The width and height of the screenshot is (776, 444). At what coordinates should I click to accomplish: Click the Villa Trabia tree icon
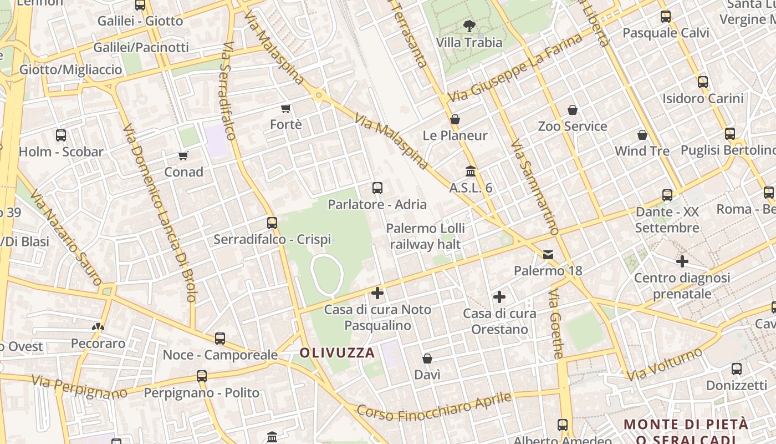(469, 26)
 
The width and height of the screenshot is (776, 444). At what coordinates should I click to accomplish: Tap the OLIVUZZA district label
(337, 352)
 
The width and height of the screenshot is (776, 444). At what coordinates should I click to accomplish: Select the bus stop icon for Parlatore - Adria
(377, 188)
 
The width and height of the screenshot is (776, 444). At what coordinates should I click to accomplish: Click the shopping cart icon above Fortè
(286, 108)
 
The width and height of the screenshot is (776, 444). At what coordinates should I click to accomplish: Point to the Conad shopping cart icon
(183, 155)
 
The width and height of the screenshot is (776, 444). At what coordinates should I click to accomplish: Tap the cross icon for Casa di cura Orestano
(499, 297)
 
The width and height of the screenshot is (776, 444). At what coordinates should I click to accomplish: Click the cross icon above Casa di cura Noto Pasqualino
(377, 292)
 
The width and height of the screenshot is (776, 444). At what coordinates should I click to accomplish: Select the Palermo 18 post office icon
(548, 255)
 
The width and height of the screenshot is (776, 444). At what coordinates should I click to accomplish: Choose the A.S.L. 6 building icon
(471, 171)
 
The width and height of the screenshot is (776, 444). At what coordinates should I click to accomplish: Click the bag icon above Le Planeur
(455, 119)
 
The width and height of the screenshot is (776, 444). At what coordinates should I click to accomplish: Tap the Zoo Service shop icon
(573, 110)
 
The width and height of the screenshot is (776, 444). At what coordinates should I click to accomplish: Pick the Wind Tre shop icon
(642, 135)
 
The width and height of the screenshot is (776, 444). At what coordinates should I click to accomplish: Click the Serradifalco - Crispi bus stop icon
(272, 223)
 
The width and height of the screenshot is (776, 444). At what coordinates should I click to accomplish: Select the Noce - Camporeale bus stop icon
(220, 338)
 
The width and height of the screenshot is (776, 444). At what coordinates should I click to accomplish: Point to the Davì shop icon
(427, 359)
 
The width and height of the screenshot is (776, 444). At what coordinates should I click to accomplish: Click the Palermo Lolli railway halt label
(426, 236)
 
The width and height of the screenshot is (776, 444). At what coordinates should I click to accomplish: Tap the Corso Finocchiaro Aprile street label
(433, 407)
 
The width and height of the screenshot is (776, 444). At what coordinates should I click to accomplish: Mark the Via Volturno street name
(665, 364)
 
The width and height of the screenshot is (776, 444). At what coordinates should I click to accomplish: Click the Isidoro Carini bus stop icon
(703, 82)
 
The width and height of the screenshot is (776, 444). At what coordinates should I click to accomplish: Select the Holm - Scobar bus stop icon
(61, 135)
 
